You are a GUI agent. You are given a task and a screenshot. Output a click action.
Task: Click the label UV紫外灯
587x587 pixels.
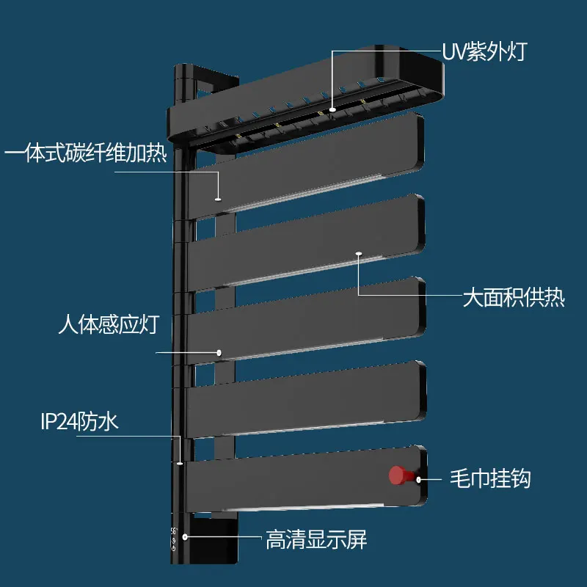[x=484, y=52]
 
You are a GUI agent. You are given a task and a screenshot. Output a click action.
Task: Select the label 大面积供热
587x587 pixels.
[x=513, y=299]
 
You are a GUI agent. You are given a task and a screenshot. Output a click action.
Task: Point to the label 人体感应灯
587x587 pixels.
[x=109, y=325]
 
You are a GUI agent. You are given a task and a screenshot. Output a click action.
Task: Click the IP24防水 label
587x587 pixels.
[x=79, y=422]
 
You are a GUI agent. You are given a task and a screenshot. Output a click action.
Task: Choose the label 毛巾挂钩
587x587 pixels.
[x=489, y=480]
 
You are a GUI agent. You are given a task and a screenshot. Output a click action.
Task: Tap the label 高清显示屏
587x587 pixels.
[x=316, y=542]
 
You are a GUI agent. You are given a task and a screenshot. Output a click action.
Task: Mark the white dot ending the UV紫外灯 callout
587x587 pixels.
[x=332, y=109]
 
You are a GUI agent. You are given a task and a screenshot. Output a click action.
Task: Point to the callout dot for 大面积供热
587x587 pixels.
[x=359, y=254]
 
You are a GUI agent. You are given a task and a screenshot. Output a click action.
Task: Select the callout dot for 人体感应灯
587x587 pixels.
[x=218, y=353]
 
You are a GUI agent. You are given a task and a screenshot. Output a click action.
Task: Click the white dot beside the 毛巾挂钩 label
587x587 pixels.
[x=419, y=480]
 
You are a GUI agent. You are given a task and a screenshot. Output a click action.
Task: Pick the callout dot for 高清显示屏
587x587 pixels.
[x=186, y=536]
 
